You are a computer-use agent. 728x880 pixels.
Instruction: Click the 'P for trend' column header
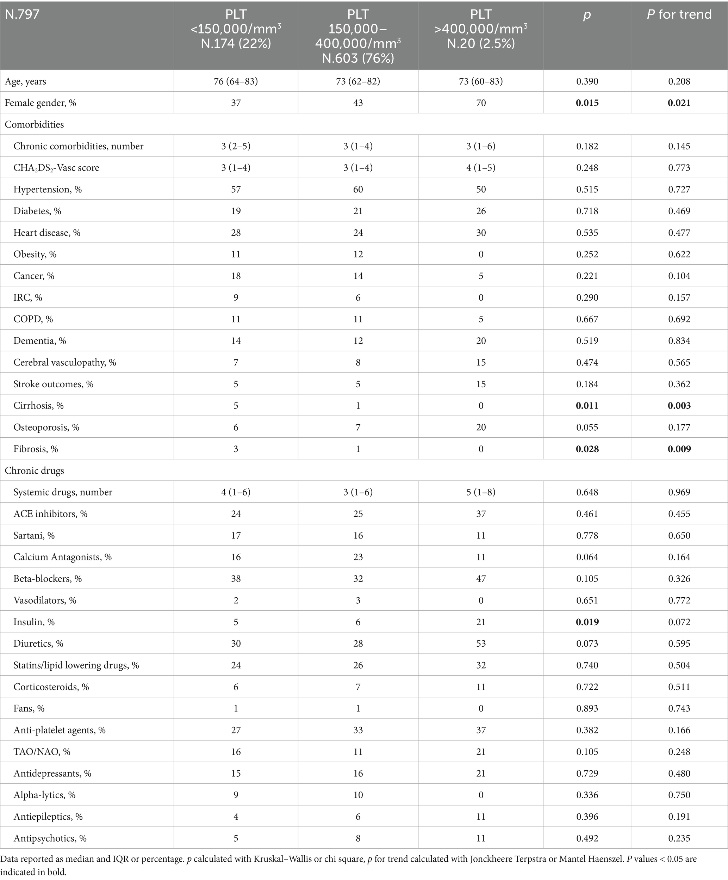(679, 15)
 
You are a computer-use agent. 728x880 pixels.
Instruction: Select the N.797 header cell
(22, 15)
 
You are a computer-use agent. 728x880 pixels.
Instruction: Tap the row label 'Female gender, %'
(40, 103)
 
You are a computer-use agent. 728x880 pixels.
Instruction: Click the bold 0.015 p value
(587, 103)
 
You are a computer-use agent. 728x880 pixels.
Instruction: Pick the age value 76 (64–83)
(236, 81)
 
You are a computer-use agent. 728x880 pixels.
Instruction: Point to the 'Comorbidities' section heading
(35, 124)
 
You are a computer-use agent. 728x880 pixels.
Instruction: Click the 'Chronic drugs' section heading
(35, 470)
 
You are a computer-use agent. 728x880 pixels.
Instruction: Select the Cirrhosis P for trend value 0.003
(679, 406)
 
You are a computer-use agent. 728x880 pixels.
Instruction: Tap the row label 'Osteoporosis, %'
(46, 427)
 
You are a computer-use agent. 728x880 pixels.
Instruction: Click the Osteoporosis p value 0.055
(587, 427)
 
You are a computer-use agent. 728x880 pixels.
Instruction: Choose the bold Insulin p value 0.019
(587, 622)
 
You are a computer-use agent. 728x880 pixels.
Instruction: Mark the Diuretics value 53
(481, 644)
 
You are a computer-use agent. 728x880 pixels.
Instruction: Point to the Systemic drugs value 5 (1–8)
(481, 492)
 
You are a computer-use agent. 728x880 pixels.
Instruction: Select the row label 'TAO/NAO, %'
(42, 752)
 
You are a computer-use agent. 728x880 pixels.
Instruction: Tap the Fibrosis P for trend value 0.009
(679, 449)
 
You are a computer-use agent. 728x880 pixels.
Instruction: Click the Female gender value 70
(481, 103)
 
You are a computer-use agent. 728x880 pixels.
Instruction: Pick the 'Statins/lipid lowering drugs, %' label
(76, 665)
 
